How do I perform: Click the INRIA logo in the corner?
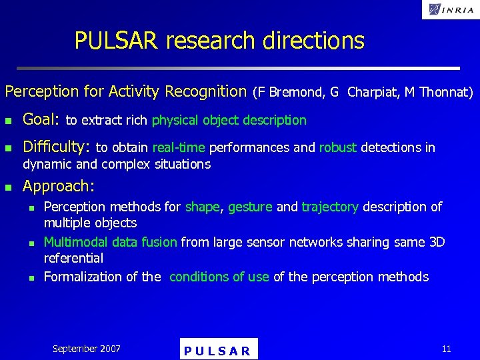pos(451,9)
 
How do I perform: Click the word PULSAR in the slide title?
pos(116,41)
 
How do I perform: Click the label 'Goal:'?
pos(41,120)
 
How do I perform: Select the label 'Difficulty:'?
pos(57,147)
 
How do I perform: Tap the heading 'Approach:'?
pos(59,186)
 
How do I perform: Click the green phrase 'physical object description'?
pos(229,121)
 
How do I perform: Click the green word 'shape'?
pos(202,207)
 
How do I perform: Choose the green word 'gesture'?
pos(250,207)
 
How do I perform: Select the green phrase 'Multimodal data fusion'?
pos(111,242)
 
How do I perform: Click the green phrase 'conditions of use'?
pos(219,277)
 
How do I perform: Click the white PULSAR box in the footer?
pos(218,349)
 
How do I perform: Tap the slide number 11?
pos(446,348)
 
